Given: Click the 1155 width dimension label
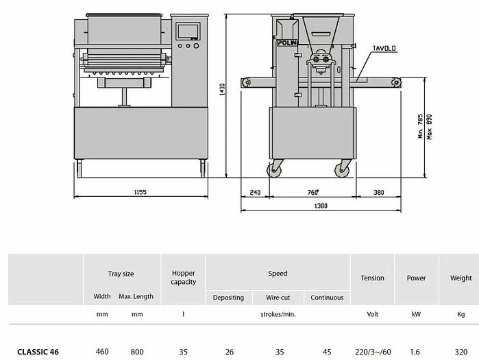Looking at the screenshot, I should tap(140, 193).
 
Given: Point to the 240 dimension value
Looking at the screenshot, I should tap(256, 193).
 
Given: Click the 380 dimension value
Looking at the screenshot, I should tap(379, 193).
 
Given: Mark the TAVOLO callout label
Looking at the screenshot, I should tap(386, 49).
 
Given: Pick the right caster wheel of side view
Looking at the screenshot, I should tap(341, 170).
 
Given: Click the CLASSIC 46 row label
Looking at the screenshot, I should tap(38, 352).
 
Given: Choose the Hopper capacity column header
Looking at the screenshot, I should tap(183, 278).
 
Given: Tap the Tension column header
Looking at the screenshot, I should tap(372, 278).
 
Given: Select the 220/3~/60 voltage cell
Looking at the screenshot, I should tap(372, 352).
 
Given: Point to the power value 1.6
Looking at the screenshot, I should tap(416, 352).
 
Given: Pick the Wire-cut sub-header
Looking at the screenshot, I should tap(278, 298).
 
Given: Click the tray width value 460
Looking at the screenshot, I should tap(102, 352).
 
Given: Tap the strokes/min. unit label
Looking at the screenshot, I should tap(278, 315).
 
